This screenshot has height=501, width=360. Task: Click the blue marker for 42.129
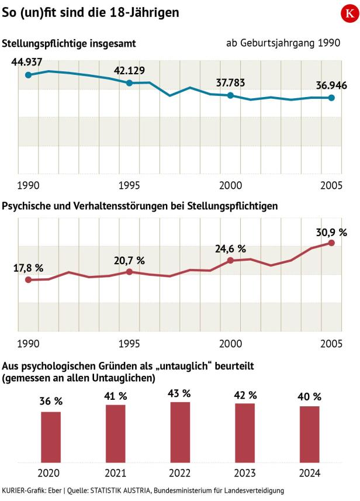(129, 83)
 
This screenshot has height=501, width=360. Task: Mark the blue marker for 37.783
(230, 95)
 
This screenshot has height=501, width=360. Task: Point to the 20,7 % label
(129, 260)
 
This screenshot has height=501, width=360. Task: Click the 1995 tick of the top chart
(129, 185)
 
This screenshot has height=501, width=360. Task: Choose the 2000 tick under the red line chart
(230, 343)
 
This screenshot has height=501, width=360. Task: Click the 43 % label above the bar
(180, 393)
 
